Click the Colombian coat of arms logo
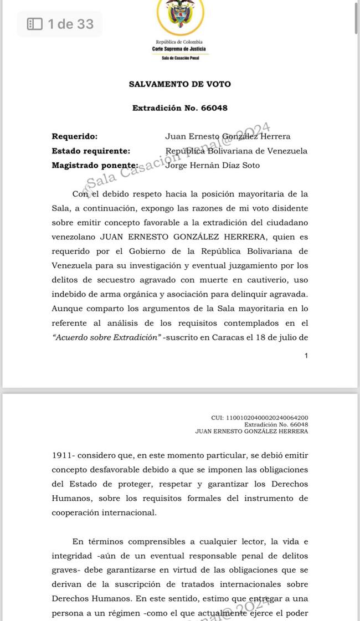pos(180,16)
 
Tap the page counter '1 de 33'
pos(70,24)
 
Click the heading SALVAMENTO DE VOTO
pos(180,84)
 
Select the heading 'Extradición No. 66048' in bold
pos(180,108)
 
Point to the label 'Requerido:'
pos(74,136)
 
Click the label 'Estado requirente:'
pos(91,151)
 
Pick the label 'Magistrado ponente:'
pos(95,165)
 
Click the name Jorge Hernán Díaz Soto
pos(213,165)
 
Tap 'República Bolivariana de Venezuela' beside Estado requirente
pos(236,151)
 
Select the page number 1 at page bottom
pos(306,356)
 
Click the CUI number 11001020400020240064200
pos(260,418)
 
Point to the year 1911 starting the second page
pos(63,455)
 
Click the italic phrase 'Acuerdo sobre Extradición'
pos(106,337)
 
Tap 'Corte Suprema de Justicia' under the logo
pos(179,49)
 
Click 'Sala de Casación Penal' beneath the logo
pos(179,58)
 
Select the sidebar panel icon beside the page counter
pos(34,24)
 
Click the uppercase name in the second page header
pos(251,431)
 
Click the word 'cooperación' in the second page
pos(78,513)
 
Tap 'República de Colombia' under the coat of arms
pos(179,42)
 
